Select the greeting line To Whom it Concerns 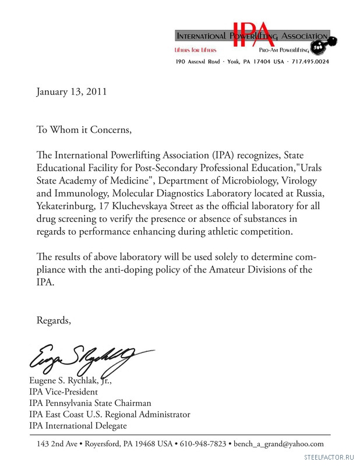(84, 129)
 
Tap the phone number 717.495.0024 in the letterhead (310, 61)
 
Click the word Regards (54, 320)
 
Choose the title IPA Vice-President (63, 392)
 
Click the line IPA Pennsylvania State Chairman (90, 403)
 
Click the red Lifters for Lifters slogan (196, 51)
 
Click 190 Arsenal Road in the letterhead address (197, 61)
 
